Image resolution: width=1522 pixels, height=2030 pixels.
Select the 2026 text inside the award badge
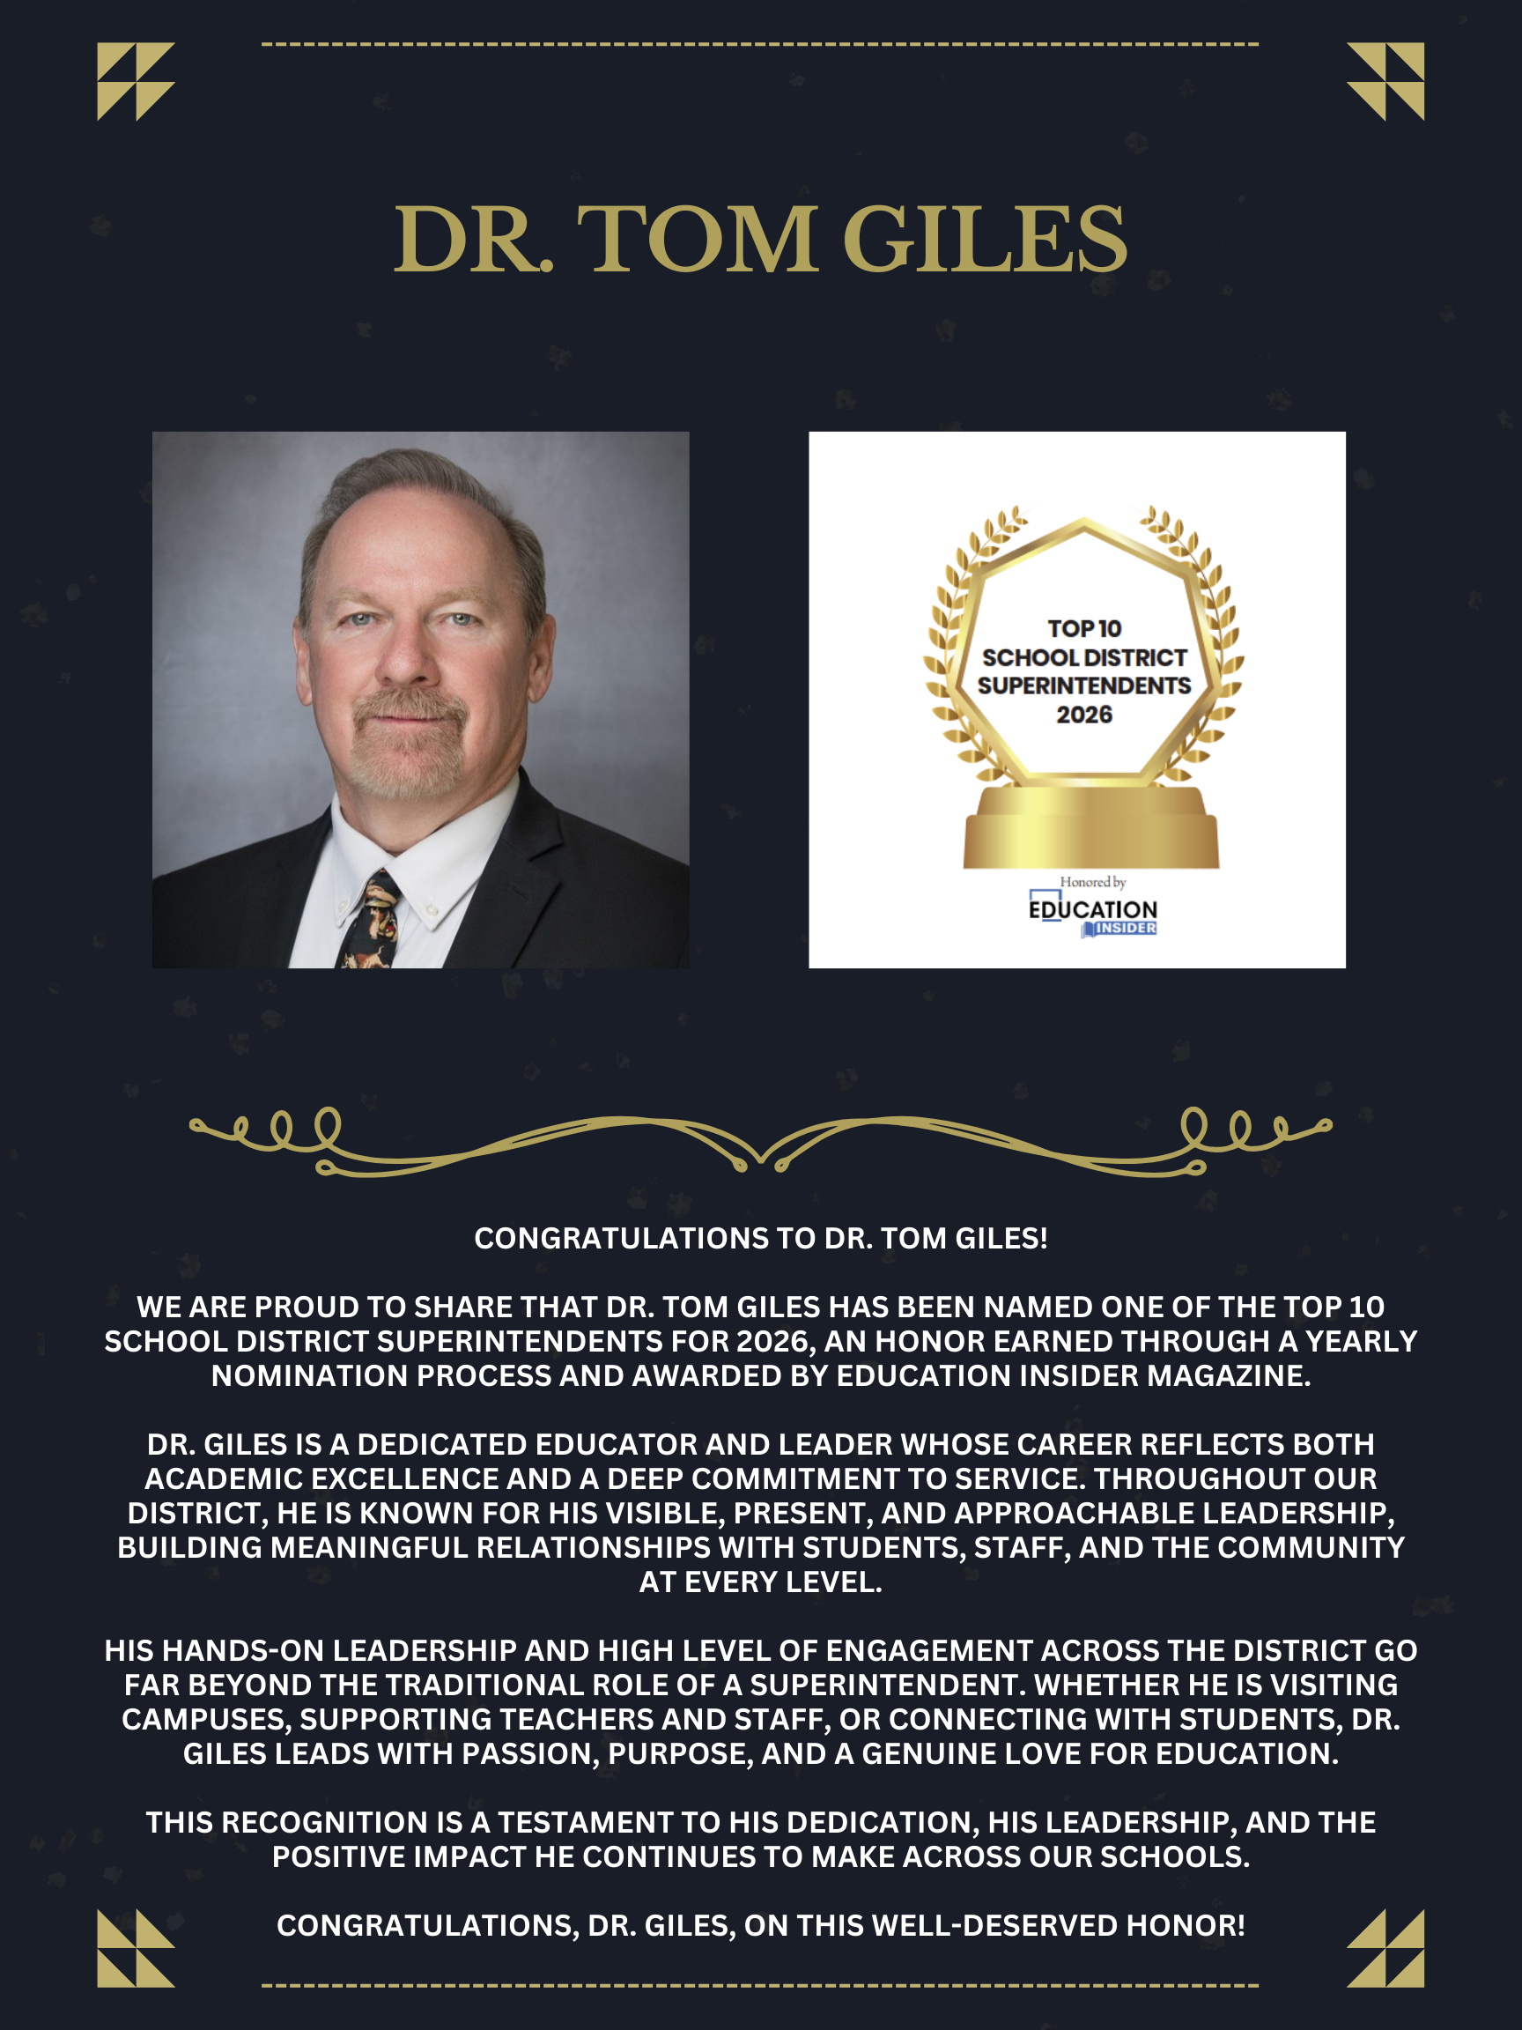point(1083,715)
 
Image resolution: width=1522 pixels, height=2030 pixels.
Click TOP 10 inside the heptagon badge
point(1084,628)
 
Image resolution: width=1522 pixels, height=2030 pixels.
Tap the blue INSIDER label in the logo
point(1125,929)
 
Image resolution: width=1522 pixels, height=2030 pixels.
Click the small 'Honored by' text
point(1093,882)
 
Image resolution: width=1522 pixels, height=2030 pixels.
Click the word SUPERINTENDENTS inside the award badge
point(1083,685)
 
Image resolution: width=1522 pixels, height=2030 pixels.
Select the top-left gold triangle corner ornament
point(136,81)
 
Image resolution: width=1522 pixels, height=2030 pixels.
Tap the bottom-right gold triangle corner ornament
point(1385,1948)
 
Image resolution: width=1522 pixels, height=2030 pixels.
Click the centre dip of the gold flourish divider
point(760,1158)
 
